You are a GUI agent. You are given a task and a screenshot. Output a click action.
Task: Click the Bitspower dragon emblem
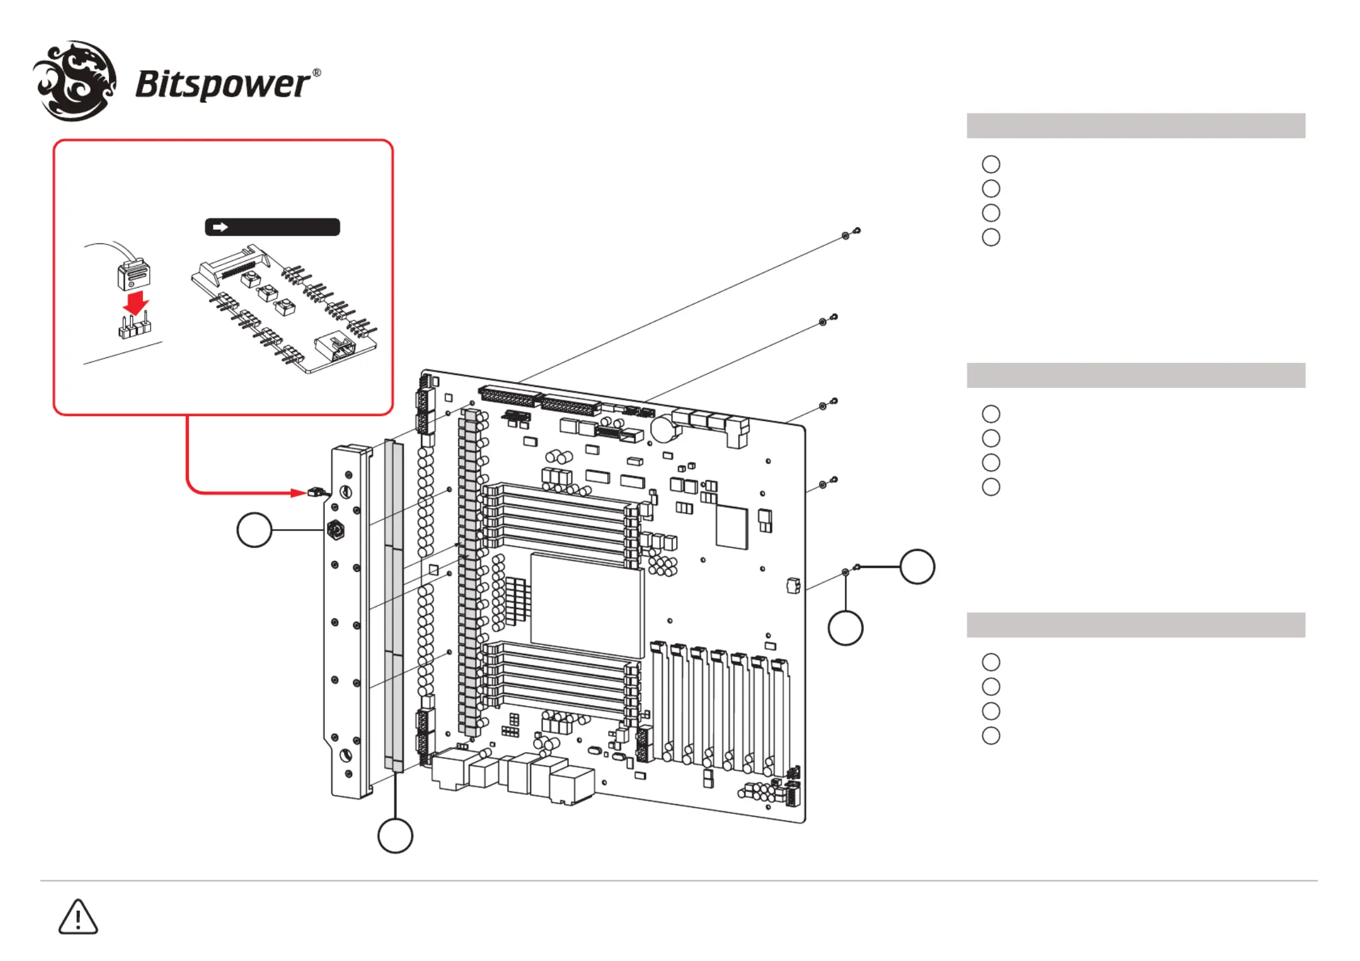(75, 81)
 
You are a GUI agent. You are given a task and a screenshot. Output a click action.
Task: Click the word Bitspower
(222, 85)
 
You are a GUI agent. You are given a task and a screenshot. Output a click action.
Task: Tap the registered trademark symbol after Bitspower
(316, 73)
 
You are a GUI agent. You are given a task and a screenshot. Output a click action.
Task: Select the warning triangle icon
(78, 917)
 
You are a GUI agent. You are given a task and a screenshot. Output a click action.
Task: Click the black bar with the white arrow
(273, 227)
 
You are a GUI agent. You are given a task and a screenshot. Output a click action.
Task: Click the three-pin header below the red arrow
(134, 327)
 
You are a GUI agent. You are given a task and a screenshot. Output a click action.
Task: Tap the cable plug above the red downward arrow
(133, 274)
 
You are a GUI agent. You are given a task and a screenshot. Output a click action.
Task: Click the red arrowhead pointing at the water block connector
(299, 493)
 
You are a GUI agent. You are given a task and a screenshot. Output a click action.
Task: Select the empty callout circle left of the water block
(254, 530)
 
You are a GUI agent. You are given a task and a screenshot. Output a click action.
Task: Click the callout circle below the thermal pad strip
(395, 836)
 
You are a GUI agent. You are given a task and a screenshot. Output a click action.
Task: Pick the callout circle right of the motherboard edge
(917, 567)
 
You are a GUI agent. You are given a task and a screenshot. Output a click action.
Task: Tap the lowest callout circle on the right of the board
(846, 628)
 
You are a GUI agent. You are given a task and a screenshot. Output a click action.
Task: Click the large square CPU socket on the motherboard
(587, 605)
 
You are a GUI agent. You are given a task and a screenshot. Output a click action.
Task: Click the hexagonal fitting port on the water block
(336, 530)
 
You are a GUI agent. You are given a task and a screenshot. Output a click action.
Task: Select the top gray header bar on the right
(1136, 125)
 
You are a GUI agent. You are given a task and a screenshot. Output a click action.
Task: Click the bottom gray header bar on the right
(1136, 625)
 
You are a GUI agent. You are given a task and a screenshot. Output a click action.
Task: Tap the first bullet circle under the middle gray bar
(991, 414)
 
